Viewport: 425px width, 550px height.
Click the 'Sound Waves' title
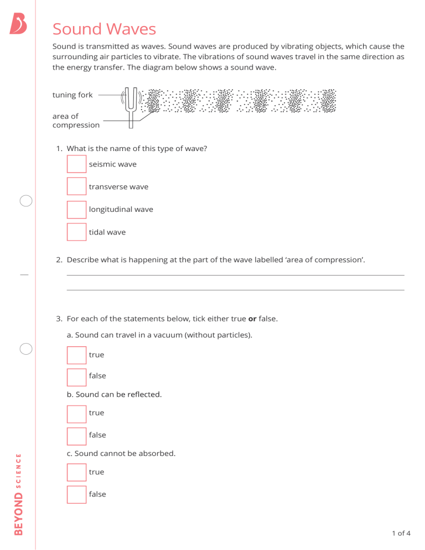tap(104, 29)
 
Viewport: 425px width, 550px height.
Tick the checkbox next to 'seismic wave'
tap(76, 164)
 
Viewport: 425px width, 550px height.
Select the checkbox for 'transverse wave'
tap(76, 186)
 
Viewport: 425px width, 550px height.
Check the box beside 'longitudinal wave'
tap(76, 210)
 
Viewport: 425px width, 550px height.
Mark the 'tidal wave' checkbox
tap(76, 232)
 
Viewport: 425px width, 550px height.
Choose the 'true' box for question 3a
tap(76, 355)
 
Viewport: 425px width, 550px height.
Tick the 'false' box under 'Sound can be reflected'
tap(76, 435)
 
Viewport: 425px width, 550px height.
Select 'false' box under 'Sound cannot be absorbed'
tap(76, 494)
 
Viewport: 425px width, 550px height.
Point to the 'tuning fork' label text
tap(72, 95)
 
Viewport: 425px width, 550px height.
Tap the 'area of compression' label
tap(76, 121)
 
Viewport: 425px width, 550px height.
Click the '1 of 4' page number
tap(401, 533)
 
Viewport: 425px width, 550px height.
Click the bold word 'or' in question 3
tap(252, 319)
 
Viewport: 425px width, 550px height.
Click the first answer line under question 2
tap(235, 274)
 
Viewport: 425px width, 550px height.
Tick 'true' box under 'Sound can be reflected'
tap(76, 413)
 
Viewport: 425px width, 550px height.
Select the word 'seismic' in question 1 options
tap(101, 164)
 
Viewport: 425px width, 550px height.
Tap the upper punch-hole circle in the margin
tap(25, 201)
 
